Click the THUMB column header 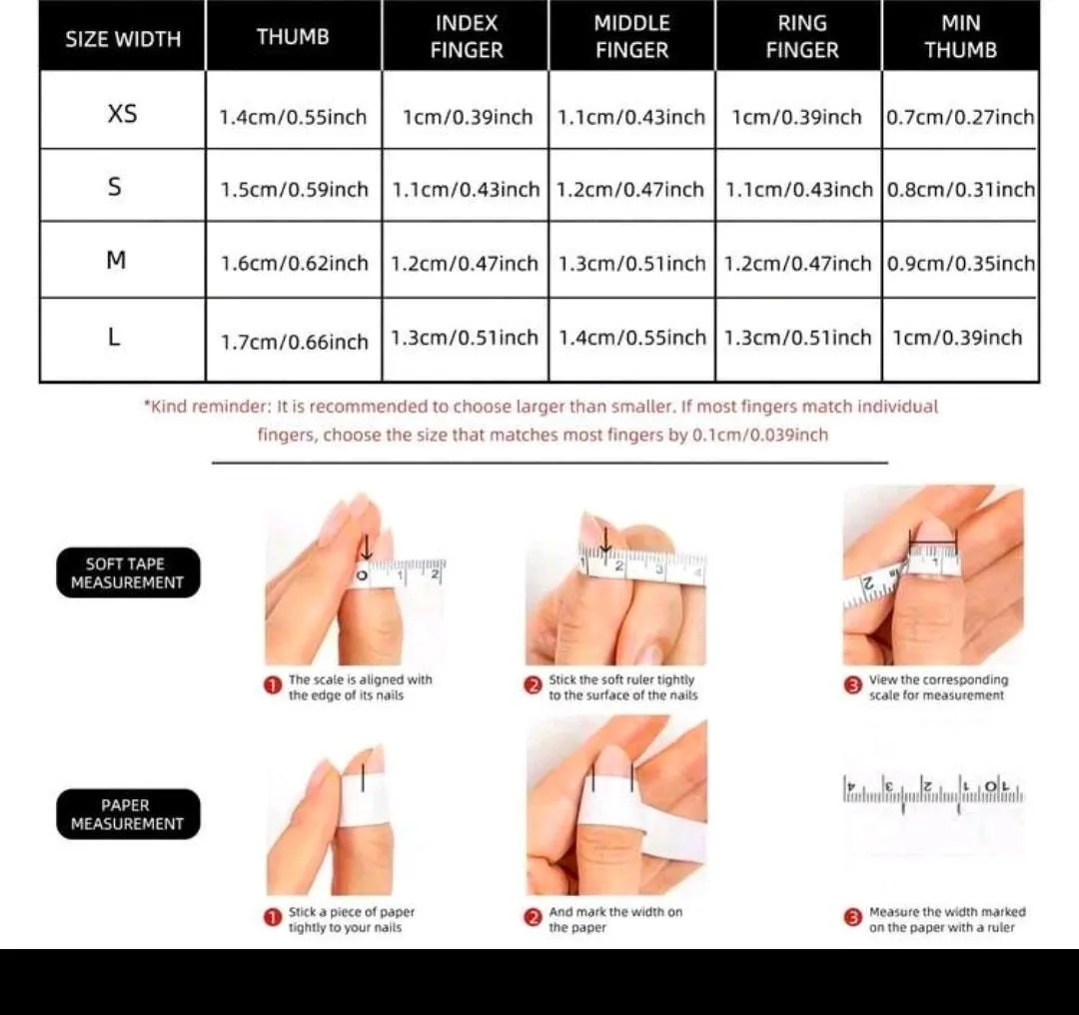(x=293, y=37)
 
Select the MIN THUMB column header (x=961, y=37)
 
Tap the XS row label (x=123, y=113)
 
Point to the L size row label (x=114, y=338)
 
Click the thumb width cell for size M (x=295, y=263)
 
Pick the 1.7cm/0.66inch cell (x=295, y=342)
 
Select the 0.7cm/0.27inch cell (x=961, y=117)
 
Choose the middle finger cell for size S (x=630, y=189)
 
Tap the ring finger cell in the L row (x=797, y=338)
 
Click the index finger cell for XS (x=468, y=117)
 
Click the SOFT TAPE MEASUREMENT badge (x=128, y=572)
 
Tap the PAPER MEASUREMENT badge (x=128, y=814)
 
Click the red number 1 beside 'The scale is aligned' (x=273, y=686)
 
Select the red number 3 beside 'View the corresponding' (x=852, y=686)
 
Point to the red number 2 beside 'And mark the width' (x=533, y=918)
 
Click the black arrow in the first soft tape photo (x=367, y=547)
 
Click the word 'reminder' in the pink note (x=234, y=406)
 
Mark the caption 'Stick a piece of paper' (x=352, y=912)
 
